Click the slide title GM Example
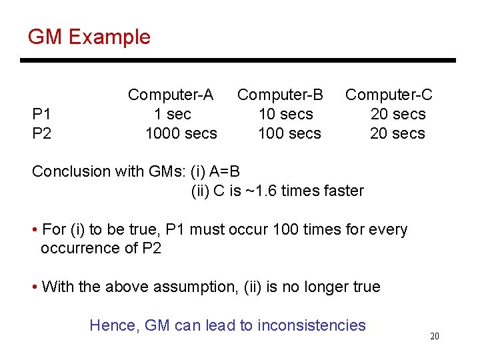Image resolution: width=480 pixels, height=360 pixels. [89, 37]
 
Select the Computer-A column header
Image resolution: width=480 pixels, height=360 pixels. [171, 95]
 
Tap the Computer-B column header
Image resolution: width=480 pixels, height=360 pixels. [280, 95]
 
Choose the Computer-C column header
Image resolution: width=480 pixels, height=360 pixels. [389, 95]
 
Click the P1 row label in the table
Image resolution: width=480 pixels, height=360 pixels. [41, 114]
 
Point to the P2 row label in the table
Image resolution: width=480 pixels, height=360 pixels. [41, 133]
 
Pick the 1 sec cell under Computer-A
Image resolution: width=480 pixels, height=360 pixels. [172, 114]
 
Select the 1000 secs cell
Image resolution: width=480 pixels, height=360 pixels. [181, 133]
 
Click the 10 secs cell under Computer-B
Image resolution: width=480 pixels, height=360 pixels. [285, 114]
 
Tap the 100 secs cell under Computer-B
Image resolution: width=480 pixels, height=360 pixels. [289, 133]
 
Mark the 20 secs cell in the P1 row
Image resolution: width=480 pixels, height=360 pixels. [398, 114]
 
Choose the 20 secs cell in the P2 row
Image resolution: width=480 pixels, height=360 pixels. [397, 133]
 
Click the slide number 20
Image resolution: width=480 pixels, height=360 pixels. [434, 337]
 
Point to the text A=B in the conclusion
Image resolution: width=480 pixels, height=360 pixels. [225, 171]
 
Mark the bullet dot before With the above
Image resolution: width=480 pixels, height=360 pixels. [35, 287]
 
